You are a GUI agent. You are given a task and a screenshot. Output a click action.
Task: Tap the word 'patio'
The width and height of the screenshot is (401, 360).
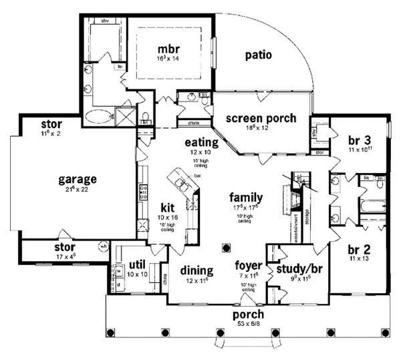[257, 55]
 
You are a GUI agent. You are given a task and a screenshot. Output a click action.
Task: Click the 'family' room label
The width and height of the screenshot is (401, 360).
[245, 198]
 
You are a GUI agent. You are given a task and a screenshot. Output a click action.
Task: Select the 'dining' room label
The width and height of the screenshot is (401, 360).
[196, 271]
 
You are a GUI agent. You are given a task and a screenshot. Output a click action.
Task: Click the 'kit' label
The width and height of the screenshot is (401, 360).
[167, 208]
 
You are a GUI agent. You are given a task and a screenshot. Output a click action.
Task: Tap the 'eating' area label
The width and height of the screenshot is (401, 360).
[202, 142]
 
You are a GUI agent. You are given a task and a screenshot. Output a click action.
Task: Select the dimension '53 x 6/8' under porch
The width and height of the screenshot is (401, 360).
[248, 324]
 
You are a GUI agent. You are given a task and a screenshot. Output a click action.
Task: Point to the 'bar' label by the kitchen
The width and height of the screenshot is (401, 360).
[198, 176]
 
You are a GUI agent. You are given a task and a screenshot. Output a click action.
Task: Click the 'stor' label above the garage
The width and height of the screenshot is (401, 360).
[51, 124]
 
